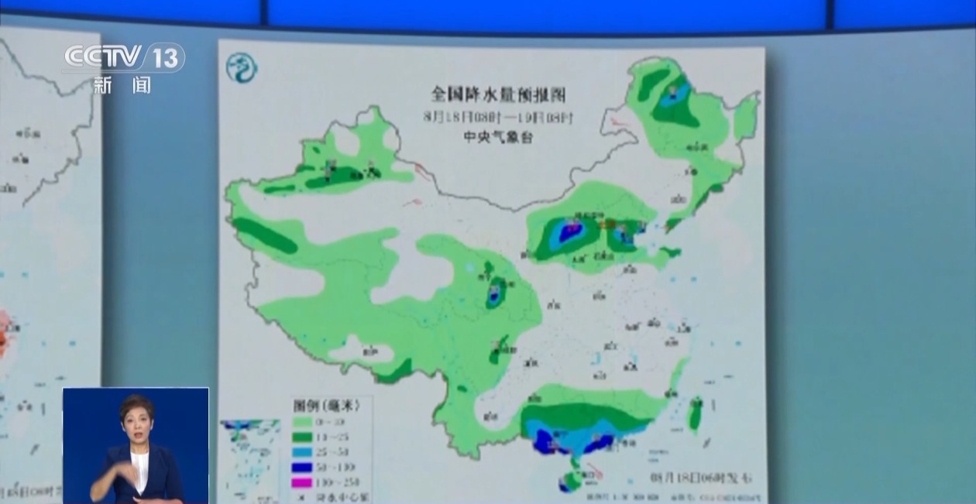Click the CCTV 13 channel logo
(124, 57)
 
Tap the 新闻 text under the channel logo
(122, 85)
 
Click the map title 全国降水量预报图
(498, 95)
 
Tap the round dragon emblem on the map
(242, 68)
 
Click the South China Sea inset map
(249, 458)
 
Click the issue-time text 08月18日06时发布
(702, 476)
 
